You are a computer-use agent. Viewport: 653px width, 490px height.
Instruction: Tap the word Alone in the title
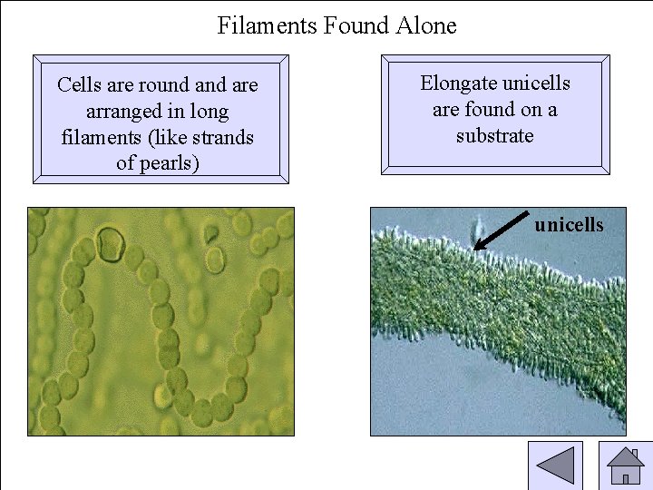pyautogui.click(x=426, y=24)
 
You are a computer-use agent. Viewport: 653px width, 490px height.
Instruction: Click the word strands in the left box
pyautogui.click(x=220, y=137)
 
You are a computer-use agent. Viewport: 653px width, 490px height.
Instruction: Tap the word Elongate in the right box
pyautogui.click(x=458, y=83)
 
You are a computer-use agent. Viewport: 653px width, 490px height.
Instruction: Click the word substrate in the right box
pyautogui.click(x=494, y=136)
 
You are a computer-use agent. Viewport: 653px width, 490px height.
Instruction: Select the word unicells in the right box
pyautogui.click(x=537, y=83)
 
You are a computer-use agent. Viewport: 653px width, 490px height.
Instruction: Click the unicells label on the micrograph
pyautogui.click(x=569, y=224)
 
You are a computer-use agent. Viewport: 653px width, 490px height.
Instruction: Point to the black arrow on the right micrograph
pyautogui.click(x=502, y=230)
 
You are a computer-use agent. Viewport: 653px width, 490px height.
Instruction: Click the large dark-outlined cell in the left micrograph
pyautogui.click(x=111, y=244)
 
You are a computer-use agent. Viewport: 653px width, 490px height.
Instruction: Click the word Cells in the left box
pyautogui.click(x=79, y=85)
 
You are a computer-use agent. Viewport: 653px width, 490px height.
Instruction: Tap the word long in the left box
pyautogui.click(x=209, y=112)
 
